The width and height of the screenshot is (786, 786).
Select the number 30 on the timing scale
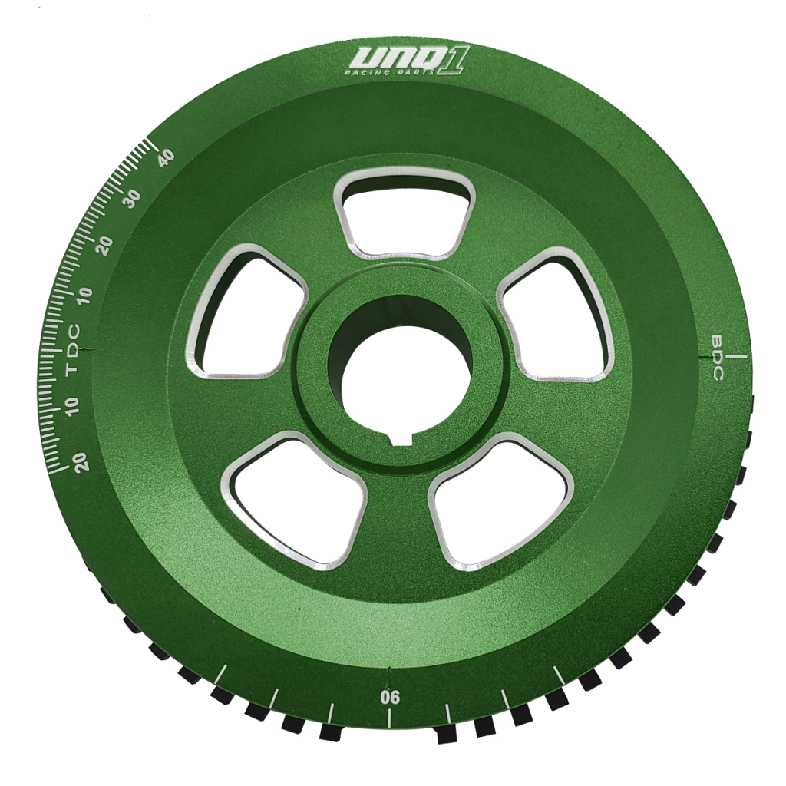[132, 200]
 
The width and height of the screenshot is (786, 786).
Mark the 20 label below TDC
[81, 459]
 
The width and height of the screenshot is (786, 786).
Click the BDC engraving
[718, 358]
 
